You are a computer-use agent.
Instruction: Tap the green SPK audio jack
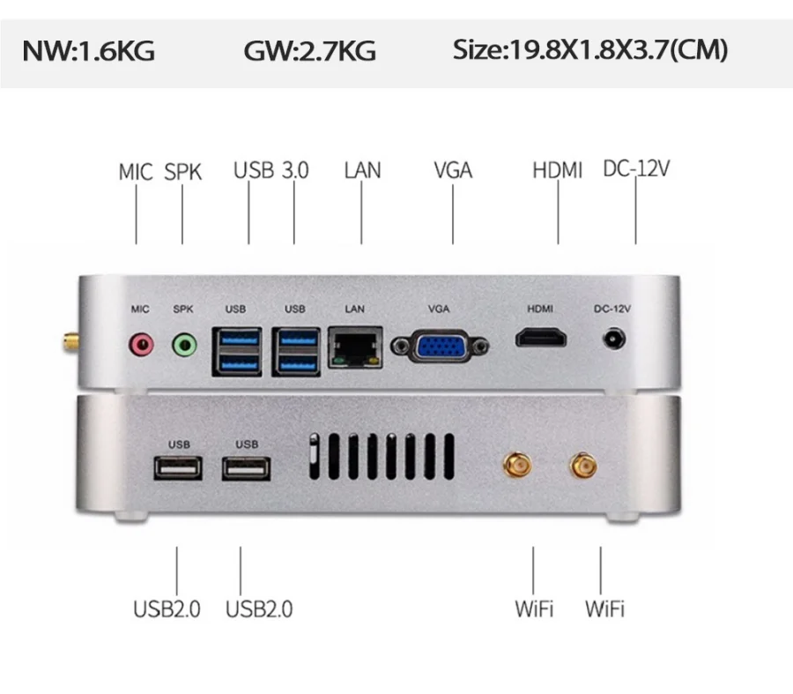pyautogui.click(x=183, y=343)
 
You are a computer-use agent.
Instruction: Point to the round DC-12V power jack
pyautogui.click(x=614, y=338)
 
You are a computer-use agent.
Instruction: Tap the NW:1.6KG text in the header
pyautogui.click(x=88, y=51)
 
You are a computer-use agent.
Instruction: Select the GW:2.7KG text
pyautogui.click(x=309, y=51)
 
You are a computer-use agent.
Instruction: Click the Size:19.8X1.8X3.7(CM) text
pyautogui.click(x=590, y=50)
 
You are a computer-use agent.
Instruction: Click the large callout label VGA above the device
pyautogui.click(x=453, y=170)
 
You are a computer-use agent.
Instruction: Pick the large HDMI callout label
pyautogui.click(x=557, y=170)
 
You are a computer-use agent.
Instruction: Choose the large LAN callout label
pyautogui.click(x=362, y=170)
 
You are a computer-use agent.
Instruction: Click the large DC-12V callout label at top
pyautogui.click(x=635, y=168)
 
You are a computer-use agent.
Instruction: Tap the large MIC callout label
pyautogui.click(x=136, y=172)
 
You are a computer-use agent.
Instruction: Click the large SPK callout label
pyautogui.click(x=182, y=172)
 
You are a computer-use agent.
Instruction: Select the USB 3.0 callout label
pyautogui.click(x=271, y=170)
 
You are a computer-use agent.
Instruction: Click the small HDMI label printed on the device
pyautogui.click(x=540, y=309)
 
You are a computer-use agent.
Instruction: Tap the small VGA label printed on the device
pyautogui.click(x=439, y=309)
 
